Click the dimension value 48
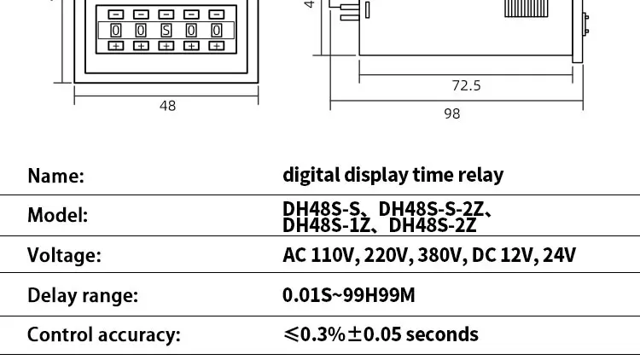[167, 106]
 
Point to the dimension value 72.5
[466, 85]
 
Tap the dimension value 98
[452, 113]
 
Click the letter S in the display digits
[166, 31]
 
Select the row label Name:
[56, 176]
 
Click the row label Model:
[58, 215]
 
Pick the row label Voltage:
[65, 255]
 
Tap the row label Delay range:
[83, 296]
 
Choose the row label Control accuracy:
[104, 334]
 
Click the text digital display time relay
[393, 175]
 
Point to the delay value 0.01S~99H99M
[349, 296]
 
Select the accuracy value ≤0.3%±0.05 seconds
[381, 334]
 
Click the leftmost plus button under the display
[116, 45]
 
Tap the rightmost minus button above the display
[217, 15]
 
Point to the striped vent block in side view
[530, 8]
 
